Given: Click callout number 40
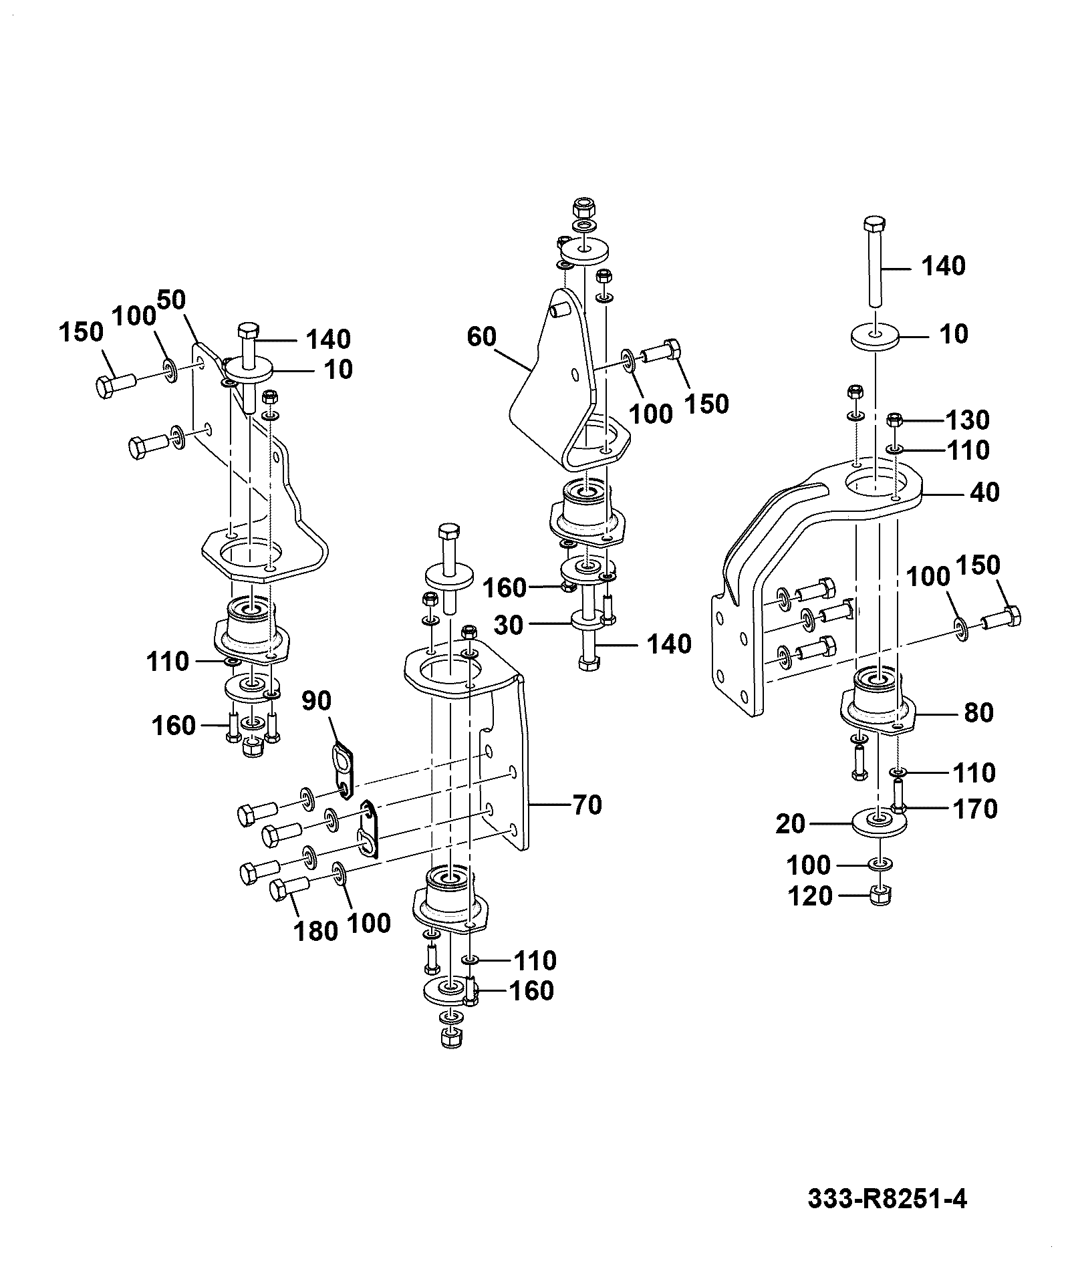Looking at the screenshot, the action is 984,493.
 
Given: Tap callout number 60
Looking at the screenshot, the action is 482,336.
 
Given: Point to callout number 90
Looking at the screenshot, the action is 316,701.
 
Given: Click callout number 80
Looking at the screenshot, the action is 979,712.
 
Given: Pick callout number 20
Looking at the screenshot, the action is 791,824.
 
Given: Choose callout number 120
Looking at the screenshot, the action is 810,895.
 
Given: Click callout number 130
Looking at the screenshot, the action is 966,420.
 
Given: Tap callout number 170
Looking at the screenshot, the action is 973,809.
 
